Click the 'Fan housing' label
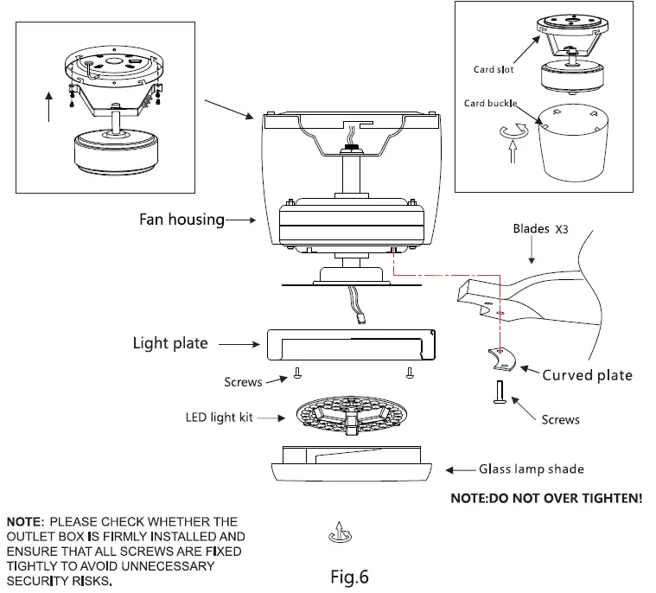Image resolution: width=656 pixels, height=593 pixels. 182,220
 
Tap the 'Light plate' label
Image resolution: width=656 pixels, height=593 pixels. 170,343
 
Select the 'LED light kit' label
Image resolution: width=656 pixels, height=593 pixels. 220,418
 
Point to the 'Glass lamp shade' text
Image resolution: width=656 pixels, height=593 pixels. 532,469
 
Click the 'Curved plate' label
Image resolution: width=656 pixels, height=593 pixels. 587,375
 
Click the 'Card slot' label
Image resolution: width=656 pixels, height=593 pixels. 494,70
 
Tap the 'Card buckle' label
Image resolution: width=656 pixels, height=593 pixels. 490,104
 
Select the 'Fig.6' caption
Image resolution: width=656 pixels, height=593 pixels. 350,576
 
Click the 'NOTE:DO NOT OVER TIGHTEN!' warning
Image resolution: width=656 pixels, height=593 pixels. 546,499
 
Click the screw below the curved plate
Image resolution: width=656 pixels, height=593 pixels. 499,394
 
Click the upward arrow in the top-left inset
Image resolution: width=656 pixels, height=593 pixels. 49,108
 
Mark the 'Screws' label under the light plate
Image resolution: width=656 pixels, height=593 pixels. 244,381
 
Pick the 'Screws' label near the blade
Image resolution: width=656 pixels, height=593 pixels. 560,419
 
